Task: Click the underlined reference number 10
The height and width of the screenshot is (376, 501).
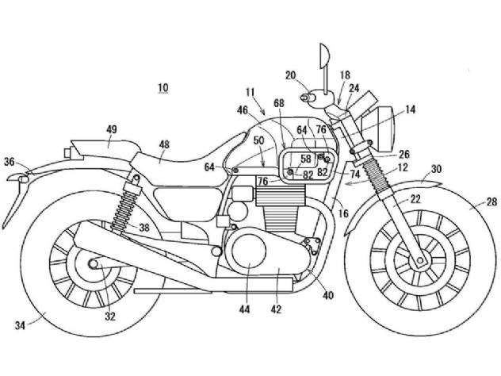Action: point(163,87)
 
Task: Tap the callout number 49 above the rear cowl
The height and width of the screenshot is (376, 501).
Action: point(112,129)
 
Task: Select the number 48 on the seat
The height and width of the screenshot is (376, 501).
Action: point(164,145)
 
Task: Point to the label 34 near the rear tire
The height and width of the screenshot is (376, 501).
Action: point(20,325)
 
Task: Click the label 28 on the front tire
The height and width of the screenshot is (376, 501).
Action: point(492,201)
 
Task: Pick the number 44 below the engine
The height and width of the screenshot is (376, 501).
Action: point(245,309)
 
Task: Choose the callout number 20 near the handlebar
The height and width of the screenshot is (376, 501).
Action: point(291,75)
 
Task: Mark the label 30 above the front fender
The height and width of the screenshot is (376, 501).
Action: point(437,168)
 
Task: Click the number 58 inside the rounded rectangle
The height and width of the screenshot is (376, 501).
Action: point(306,159)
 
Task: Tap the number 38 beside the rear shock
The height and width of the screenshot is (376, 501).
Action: point(144,228)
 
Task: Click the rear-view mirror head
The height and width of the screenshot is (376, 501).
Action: point(323,56)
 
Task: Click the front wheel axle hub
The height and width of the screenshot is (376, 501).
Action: point(420,260)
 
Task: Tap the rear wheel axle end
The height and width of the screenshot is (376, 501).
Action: point(94,264)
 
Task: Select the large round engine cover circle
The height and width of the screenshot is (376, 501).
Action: point(249,251)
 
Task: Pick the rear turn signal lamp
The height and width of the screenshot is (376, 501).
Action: point(23,178)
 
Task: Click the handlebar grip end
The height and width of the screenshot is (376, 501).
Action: point(305,97)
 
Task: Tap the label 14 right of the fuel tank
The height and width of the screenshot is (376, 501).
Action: point(411,109)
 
